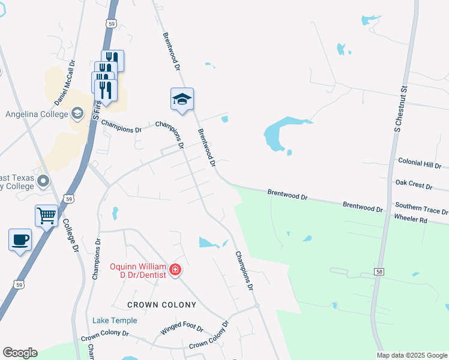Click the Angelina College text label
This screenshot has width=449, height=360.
(x=34, y=113)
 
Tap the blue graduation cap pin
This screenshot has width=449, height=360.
(x=182, y=99)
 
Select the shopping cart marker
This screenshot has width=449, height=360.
(x=46, y=215)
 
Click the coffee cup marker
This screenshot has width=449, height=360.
(x=20, y=239)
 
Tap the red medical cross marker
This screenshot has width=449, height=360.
(x=175, y=271)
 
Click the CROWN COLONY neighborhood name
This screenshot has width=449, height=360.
(x=162, y=305)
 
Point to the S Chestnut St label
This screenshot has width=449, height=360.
(x=400, y=108)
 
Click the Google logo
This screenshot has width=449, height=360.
(x=20, y=353)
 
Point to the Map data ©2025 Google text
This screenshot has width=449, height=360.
(x=412, y=355)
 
